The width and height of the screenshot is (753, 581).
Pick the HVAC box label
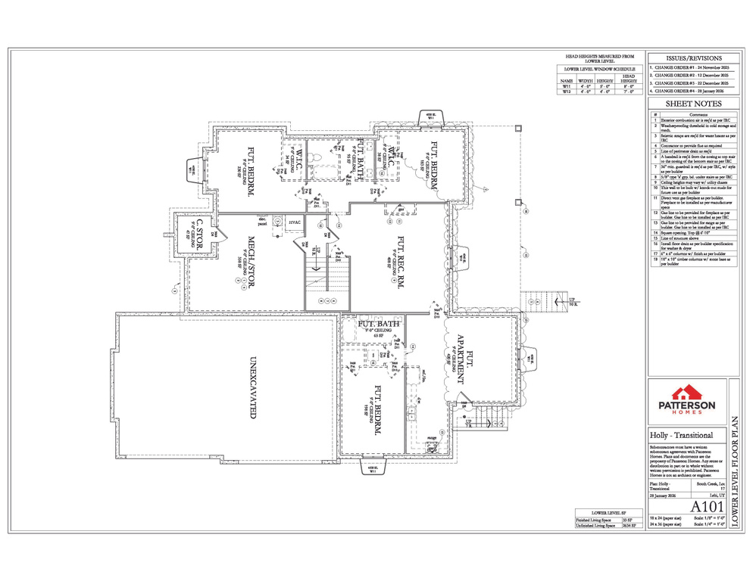pos(295,222)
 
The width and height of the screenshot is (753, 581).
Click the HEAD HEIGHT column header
pos(628,79)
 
